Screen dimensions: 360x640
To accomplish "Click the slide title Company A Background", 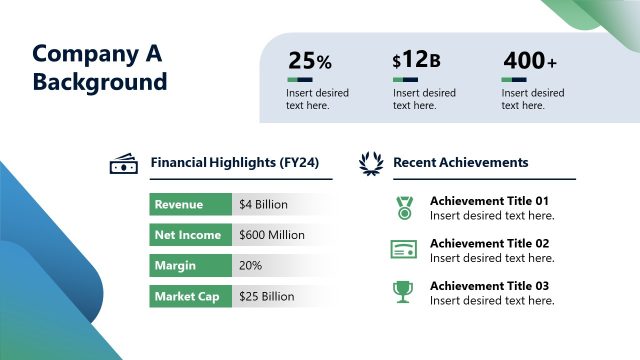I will (x=99, y=68).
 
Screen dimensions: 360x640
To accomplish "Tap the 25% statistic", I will (x=309, y=61).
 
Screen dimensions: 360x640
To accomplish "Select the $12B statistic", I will (x=416, y=61).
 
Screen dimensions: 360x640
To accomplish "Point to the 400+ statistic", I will (x=529, y=61).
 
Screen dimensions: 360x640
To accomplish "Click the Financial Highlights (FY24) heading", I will (x=234, y=162).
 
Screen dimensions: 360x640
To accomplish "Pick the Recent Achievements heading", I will (x=460, y=162).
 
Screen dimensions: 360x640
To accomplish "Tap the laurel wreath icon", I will (x=371, y=162).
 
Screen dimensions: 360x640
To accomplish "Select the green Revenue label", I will (x=190, y=204).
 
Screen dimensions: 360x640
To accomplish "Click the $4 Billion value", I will (x=263, y=205).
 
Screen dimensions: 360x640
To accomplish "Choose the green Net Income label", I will (x=190, y=235).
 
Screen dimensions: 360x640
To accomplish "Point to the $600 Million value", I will (x=271, y=236).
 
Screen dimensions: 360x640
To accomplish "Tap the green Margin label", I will (x=190, y=266).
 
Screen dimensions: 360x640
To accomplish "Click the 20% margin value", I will (x=250, y=266).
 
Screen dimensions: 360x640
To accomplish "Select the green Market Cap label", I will (x=190, y=296).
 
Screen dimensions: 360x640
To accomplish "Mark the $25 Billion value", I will (x=266, y=297).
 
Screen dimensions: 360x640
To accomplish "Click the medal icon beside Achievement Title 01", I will (x=403, y=207).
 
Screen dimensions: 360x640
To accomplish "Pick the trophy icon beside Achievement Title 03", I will (x=402, y=292).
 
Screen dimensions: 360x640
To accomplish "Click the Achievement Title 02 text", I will (x=489, y=243).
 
